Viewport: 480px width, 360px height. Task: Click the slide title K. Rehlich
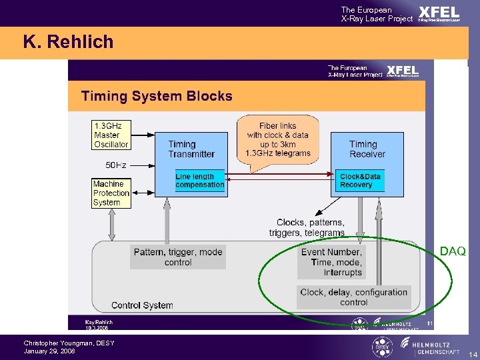point(69,42)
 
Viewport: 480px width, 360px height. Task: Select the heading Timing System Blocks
point(157,96)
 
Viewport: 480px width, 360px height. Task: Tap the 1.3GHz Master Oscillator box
point(111,135)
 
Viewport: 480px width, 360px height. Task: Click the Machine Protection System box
point(111,193)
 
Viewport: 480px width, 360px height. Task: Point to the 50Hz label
point(116,164)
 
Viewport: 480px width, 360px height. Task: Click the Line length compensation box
point(199,181)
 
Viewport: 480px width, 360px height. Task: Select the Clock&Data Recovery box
point(361,181)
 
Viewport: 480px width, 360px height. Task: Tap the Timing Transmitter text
point(191,149)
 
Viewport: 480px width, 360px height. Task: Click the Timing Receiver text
point(367,149)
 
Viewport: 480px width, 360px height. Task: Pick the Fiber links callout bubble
point(278,139)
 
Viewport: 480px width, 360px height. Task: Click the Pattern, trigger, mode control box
point(177,257)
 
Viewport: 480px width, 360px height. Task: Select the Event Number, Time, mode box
point(331,261)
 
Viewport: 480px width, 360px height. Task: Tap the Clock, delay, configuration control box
point(353,297)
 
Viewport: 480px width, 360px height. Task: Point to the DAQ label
point(453,251)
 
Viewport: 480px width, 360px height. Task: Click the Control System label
point(142,305)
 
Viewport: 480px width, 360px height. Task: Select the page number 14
point(473,353)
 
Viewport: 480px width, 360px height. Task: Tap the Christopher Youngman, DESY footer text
point(69,343)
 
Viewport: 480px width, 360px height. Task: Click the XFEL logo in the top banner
point(439,13)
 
